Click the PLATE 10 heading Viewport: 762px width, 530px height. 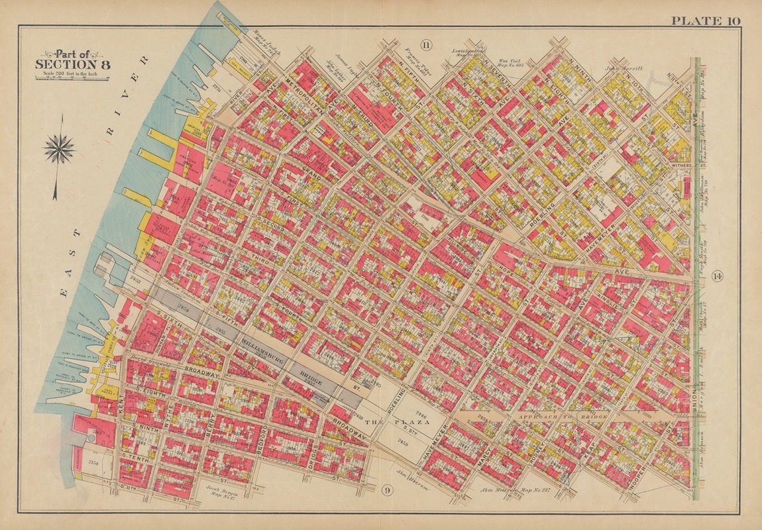click(705, 21)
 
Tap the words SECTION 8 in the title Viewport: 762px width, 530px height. click(73, 64)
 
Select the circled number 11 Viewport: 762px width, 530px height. click(425, 45)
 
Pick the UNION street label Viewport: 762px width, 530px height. click(694, 404)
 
